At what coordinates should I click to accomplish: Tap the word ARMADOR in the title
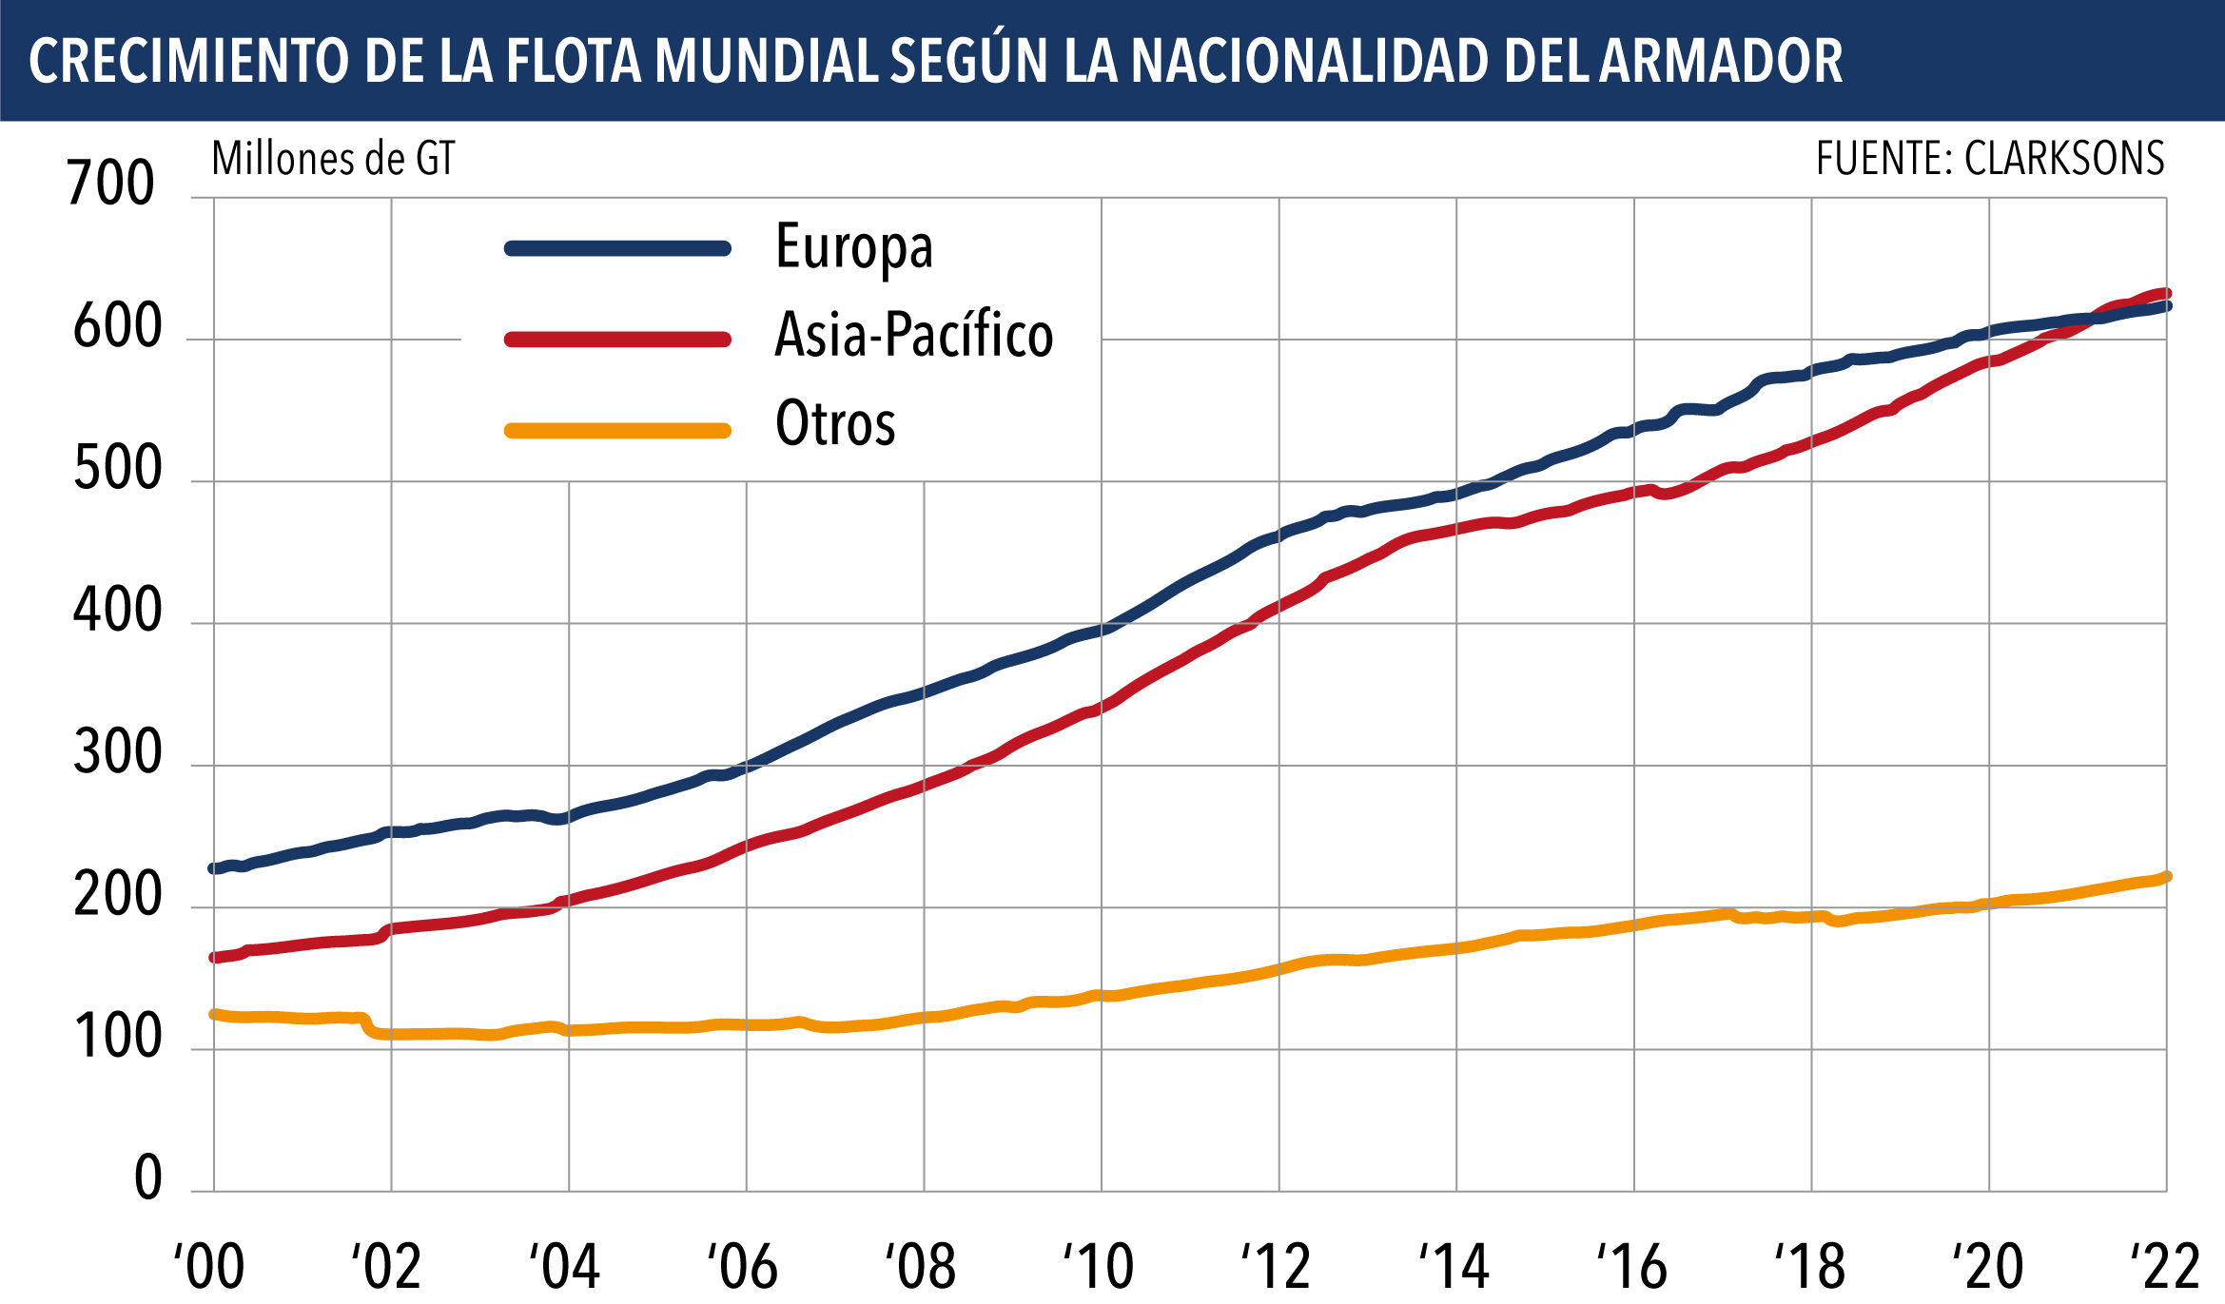click(x=1721, y=61)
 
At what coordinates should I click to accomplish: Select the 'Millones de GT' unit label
click(x=333, y=159)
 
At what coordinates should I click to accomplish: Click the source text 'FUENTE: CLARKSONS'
click(x=1990, y=159)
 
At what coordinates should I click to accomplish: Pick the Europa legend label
click(x=854, y=247)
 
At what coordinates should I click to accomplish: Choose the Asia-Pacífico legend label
click(x=914, y=336)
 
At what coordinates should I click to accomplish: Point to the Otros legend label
click(x=835, y=424)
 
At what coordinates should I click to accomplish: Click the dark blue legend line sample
click(x=617, y=248)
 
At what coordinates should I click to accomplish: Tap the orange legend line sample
click(x=617, y=431)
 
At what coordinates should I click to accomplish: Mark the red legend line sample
click(x=617, y=340)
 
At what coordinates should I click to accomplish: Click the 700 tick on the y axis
click(x=110, y=183)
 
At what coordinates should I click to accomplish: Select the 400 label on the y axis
click(x=117, y=611)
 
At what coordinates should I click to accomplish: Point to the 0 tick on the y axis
click(x=147, y=1178)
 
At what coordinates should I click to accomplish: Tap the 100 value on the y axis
click(x=117, y=1037)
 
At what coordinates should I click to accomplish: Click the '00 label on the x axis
click(x=209, y=1266)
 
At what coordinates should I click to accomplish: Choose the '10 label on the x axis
click(x=1099, y=1266)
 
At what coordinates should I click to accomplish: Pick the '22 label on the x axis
click(x=2165, y=1266)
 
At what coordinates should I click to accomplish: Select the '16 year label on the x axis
click(x=1632, y=1266)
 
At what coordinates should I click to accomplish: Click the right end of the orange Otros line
click(x=2166, y=877)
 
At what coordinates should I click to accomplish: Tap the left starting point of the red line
click(x=214, y=958)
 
